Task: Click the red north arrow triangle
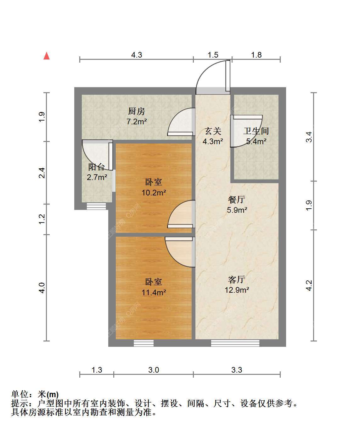pos(47,56)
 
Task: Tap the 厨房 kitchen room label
pos(136,111)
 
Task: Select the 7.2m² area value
pos(137,121)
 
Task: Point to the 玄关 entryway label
pos(213,131)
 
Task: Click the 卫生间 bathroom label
pos(256,131)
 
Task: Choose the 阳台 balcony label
pos(96,167)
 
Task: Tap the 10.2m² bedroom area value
pos(154,193)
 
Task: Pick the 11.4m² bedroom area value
pos(154,292)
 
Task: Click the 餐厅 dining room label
pos(237,200)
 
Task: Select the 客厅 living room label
pos(237,279)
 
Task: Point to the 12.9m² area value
pos(237,290)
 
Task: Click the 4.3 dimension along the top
pos(137,55)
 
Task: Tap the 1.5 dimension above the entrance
pos(213,55)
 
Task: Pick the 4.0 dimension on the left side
pos(42,288)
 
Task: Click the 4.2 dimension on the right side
pos(309,285)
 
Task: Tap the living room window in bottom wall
pos(235,343)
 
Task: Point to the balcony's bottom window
pos(96,206)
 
